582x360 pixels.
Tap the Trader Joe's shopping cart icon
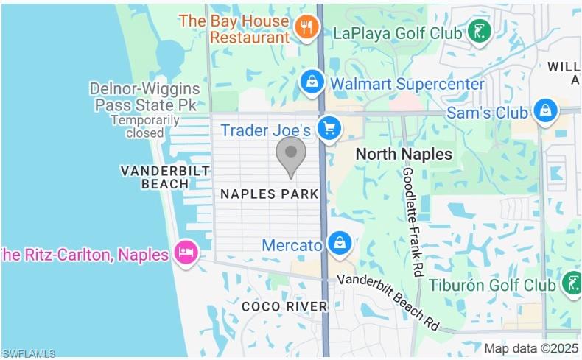(329, 129)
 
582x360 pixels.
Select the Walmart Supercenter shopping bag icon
(312, 82)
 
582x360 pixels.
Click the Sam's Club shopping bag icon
(544, 111)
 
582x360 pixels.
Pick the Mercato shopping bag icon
(340, 244)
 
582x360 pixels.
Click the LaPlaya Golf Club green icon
(480, 32)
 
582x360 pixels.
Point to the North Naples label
(404, 154)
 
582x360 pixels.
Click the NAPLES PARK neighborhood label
(270, 194)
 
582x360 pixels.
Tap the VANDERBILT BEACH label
(155, 177)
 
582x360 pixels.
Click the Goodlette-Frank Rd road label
(413, 221)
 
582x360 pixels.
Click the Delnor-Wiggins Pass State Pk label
(144, 96)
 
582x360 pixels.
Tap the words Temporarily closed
(145, 126)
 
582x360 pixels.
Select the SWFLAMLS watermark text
(29, 353)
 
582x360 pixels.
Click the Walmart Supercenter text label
(407, 83)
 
